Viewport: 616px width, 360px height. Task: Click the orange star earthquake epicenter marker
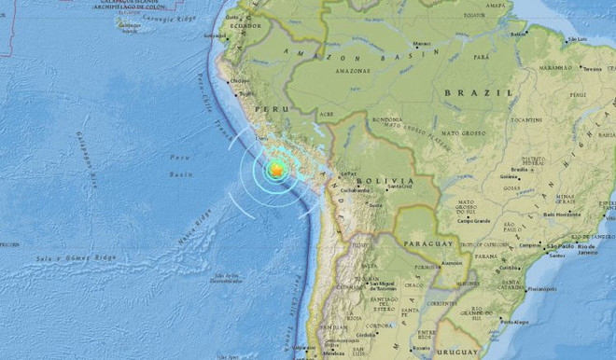276,169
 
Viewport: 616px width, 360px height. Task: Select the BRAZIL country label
467,93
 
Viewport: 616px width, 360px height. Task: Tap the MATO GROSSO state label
467,133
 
